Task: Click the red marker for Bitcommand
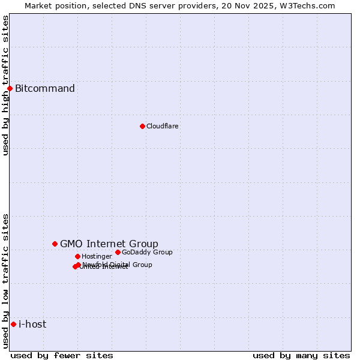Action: tap(10, 89)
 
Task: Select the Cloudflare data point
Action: tap(142, 126)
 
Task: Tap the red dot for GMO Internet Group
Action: tap(55, 244)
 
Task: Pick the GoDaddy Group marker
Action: tap(118, 252)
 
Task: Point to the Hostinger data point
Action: tap(77, 256)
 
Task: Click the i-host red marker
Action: tap(13, 324)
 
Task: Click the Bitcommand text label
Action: tap(45, 89)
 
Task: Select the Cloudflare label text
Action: tap(163, 126)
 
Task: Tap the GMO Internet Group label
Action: tap(109, 244)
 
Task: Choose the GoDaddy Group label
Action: tap(147, 252)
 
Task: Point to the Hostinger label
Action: tap(97, 256)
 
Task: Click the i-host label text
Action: tap(32, 324)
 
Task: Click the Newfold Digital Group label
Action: tap(118, 264)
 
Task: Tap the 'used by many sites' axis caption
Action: tap(301, 355)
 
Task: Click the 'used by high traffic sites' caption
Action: tap(5, 85)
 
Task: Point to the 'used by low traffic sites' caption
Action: tap(5, 281)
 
